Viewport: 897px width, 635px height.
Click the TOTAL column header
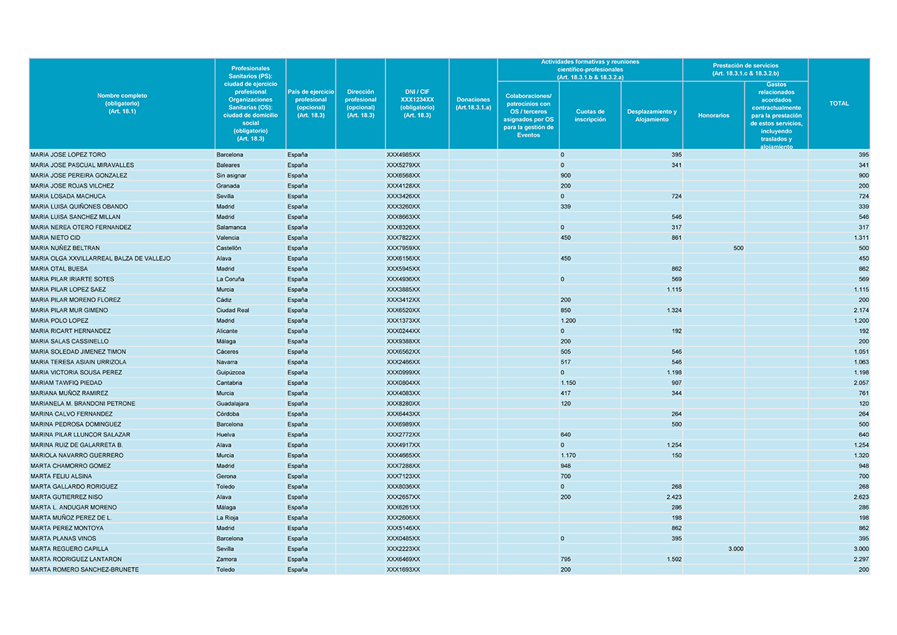839,104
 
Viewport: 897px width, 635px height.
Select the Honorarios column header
712,115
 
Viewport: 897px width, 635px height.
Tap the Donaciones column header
472,104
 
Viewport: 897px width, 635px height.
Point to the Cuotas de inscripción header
590,115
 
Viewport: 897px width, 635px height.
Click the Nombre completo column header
122,104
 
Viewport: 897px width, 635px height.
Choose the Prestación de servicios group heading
745,70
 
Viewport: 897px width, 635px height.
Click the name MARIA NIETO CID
55,238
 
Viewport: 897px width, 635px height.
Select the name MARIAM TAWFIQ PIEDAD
66,383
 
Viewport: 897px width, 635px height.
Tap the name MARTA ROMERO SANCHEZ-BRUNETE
84,570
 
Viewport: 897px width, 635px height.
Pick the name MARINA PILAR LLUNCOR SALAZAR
80,435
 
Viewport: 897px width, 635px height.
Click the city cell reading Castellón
229,248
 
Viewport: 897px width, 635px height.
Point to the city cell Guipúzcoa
231,372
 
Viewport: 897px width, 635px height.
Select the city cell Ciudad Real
232,310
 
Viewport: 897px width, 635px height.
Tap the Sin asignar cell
232,176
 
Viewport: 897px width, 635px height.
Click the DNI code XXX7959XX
403,248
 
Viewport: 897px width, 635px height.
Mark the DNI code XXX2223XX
403,549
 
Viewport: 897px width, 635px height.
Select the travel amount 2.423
669,497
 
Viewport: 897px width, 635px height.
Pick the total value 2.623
857,497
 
